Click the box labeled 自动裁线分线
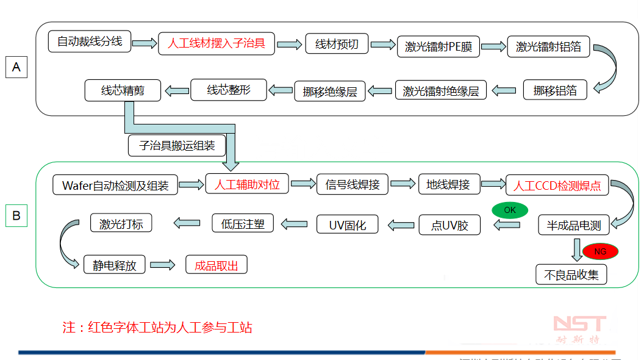click(90, 41)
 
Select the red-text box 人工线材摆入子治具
click(216, 43)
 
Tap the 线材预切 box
click(337, 44)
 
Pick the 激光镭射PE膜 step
click(438, 46)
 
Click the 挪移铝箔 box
click(555, 90)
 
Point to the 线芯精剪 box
click(123, 90)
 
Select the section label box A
click(16, 67)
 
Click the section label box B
click(16, 215)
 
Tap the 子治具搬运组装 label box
click(177, 145)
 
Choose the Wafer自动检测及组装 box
click(115, 185)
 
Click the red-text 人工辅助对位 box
click(247, 184)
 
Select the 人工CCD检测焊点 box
click(557, 185)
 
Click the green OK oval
click(510, 210)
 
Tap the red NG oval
click(600, 251)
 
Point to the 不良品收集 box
click(571, 275)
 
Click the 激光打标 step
click(121, 223)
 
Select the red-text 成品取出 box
click(216, 265)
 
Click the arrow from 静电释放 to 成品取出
click(162, 265)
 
